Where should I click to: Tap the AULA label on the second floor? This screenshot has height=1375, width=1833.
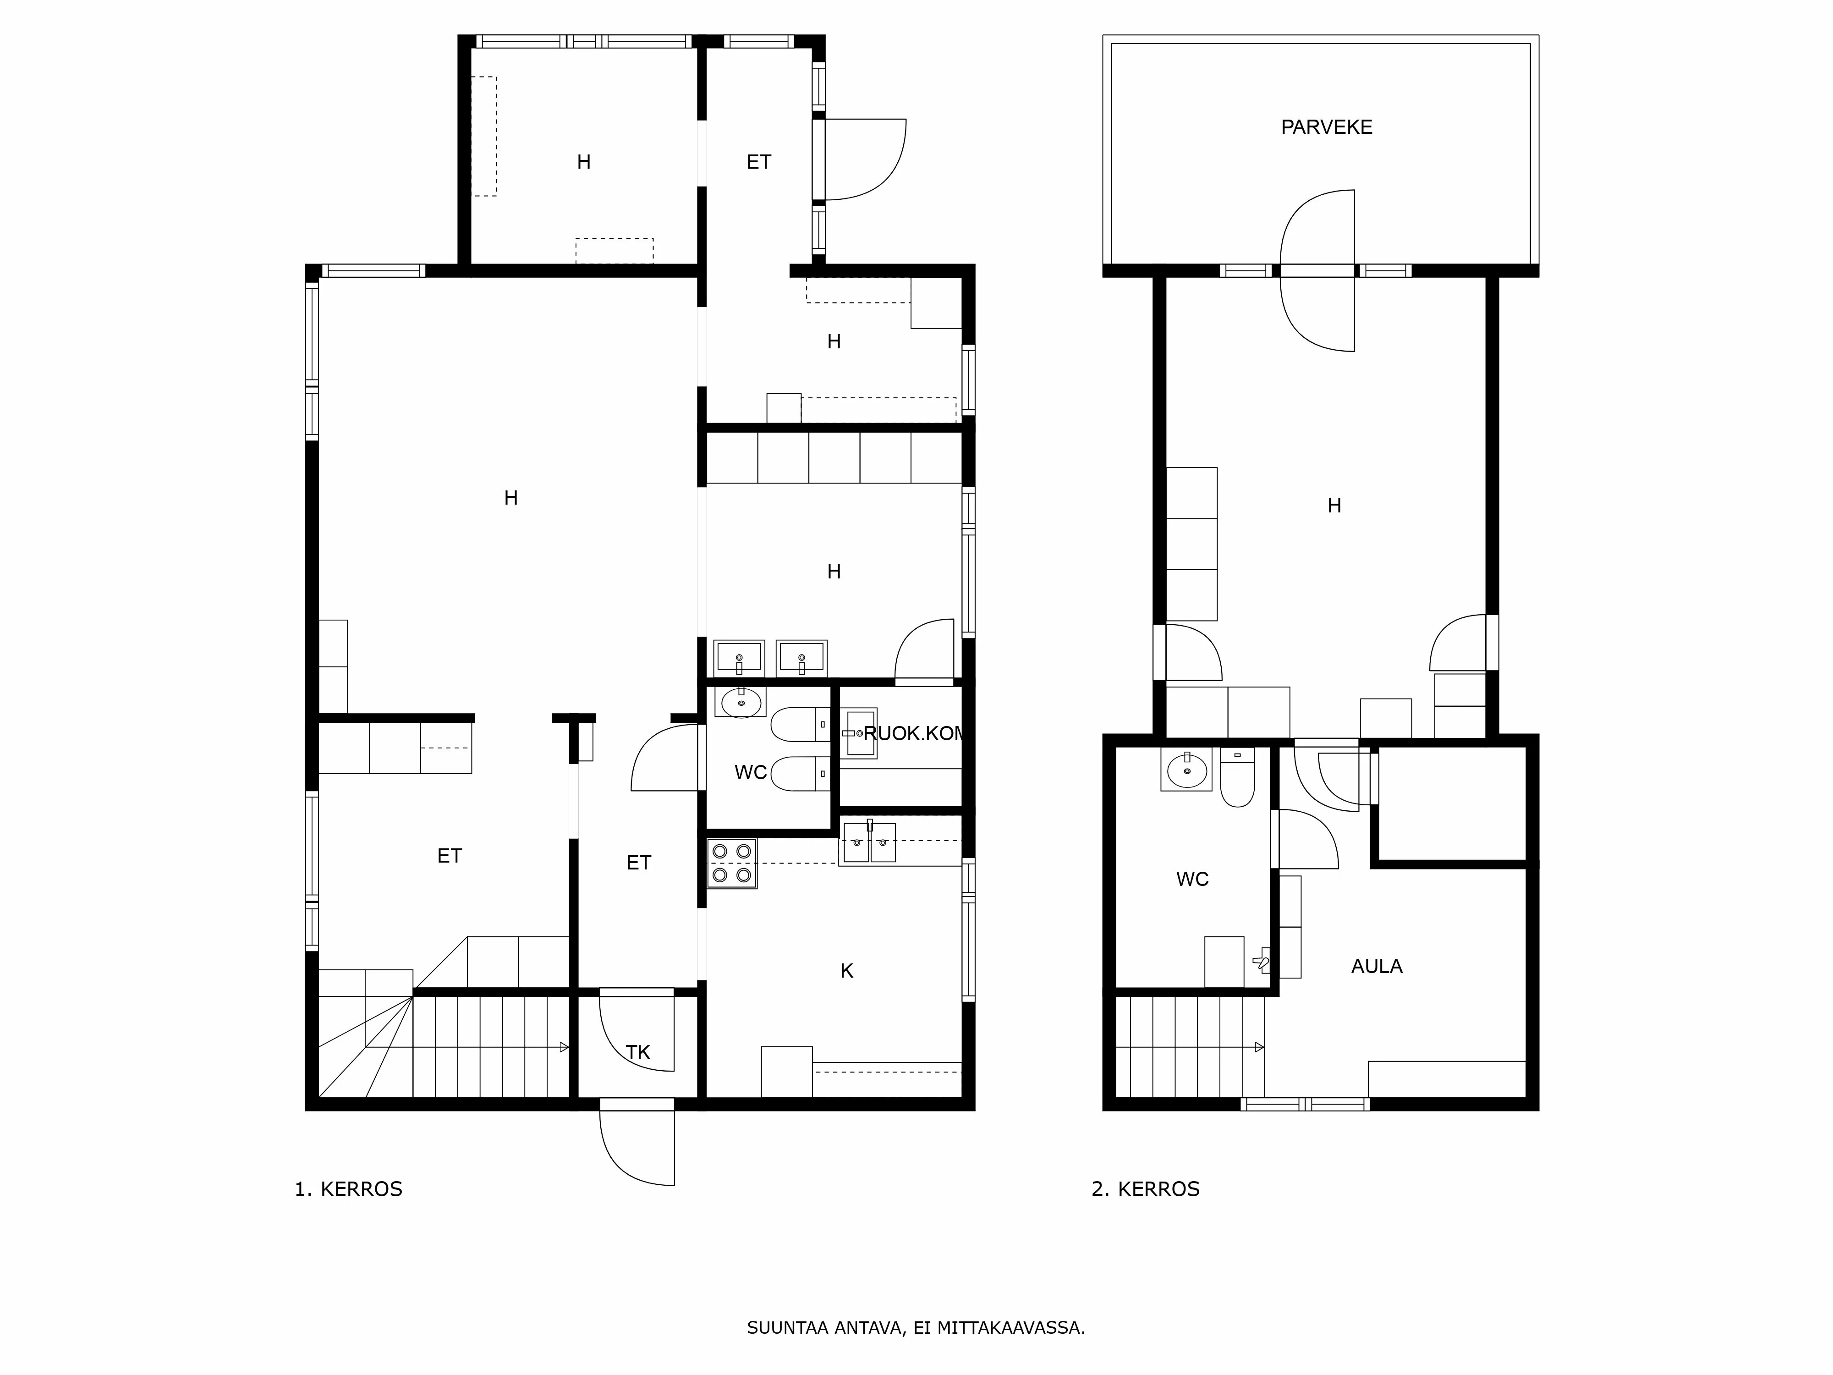1377,966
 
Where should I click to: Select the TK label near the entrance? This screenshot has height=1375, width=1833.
637,1053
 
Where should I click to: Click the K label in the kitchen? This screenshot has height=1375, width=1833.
846,971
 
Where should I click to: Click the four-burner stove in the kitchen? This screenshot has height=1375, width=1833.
732,863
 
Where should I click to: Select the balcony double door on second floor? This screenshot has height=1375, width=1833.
1317,271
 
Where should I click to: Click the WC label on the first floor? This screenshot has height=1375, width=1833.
750,772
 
